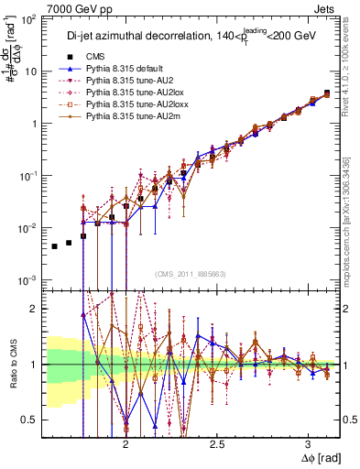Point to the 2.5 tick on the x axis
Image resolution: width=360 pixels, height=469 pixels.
point(217,443)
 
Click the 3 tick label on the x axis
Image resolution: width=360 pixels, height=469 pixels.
point(308,443)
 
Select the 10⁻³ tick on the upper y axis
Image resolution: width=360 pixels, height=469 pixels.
point(30,279)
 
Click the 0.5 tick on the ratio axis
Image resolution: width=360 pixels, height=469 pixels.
point(29,420)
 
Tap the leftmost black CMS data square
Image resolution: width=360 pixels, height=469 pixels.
point(55,246)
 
